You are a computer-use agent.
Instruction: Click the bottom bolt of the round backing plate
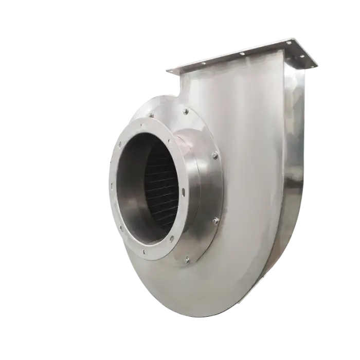point(187,260)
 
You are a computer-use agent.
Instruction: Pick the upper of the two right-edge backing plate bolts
point(214,155)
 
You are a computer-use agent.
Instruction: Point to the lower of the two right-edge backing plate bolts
point(216,221)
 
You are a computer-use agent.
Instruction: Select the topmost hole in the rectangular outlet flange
point(290,42)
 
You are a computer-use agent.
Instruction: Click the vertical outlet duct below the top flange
point(242,93)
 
